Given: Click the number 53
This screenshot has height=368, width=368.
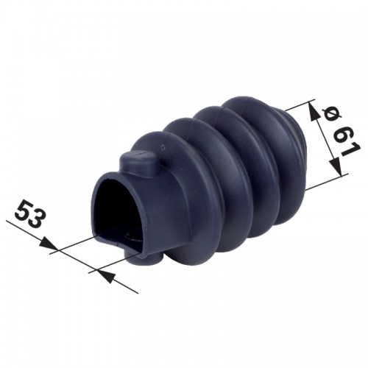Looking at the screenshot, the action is (x=30, y=214).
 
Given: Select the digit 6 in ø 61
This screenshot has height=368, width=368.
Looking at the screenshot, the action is (x=342, y=134).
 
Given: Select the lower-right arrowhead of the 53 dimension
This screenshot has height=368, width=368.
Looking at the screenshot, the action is (x=106, y=275).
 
